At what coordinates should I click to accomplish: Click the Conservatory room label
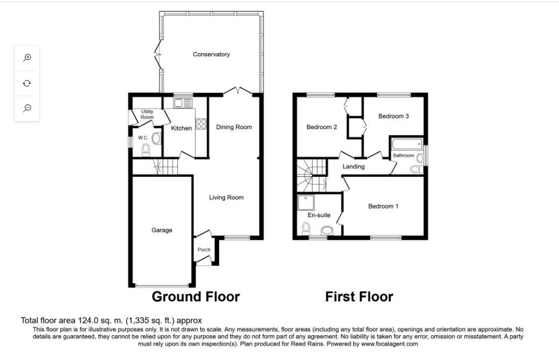211,54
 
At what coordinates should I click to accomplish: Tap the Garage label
162,230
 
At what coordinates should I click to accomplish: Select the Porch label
204,250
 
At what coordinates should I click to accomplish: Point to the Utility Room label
147,114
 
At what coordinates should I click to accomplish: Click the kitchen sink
183,104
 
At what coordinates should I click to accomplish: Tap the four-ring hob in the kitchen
201,124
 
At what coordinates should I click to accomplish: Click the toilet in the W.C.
146,150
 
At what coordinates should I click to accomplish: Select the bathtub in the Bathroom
407,145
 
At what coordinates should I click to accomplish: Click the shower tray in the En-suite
306,203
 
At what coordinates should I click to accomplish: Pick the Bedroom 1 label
383,206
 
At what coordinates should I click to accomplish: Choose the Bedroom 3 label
394,116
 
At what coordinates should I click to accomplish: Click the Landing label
353,167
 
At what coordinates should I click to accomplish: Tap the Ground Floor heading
195,297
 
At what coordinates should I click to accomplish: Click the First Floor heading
359,297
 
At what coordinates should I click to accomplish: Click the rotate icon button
27,83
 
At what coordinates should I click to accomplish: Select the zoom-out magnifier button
27,108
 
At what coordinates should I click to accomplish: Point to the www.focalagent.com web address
389,344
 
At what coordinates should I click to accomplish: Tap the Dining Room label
234,127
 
